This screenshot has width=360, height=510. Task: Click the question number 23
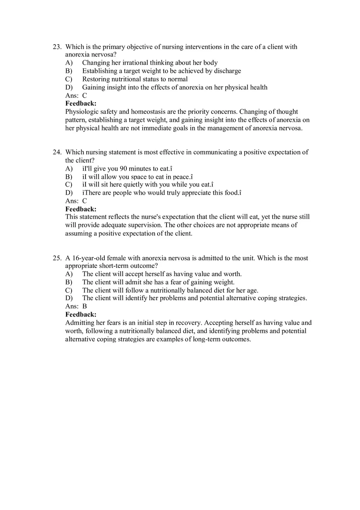point(56,47)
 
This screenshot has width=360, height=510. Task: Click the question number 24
point(56,152)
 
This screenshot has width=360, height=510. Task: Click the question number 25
point(56,258)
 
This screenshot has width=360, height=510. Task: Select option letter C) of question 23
point(69,79)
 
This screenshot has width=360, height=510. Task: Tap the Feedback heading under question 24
point(81,209)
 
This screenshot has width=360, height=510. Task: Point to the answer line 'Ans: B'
point(76,306)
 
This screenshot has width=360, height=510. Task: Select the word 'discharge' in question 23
point(227,71)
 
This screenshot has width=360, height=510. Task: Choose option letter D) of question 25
point(69,298)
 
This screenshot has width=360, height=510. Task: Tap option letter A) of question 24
point(69,169)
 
